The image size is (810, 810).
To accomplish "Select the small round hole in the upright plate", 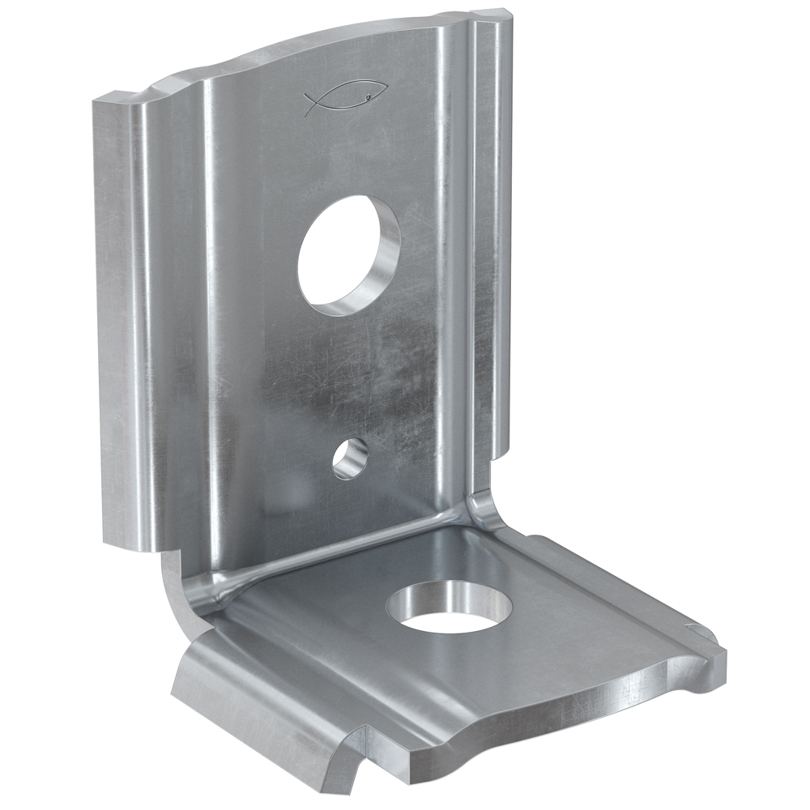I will [x=349, y=459].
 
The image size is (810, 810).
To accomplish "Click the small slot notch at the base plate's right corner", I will [x=695, y=629].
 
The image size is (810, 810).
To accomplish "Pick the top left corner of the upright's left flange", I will [x=96, y=102].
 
